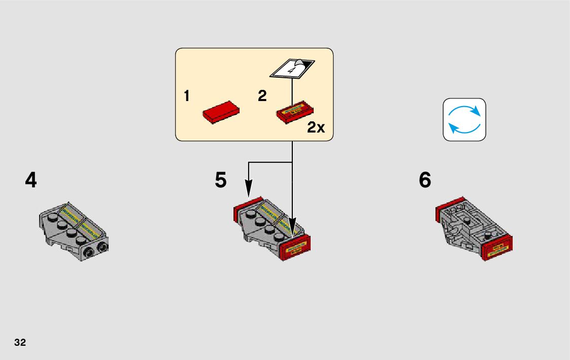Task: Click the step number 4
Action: click(x=31, y=180)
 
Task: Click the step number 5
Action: click(x=220, y=180)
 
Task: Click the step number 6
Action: click(x=425, y=180)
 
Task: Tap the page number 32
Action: click(x=20, y=342)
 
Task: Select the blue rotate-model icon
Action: click(x=464, y=119)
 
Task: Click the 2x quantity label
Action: click(x=316, y=127)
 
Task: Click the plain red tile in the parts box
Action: click(x=221, y=111)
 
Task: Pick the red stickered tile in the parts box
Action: click(x=295, y=111)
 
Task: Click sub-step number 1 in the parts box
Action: click(x=187, y=96)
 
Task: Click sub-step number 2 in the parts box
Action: click(x=262, y=96)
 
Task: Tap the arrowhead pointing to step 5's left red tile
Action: click(x=248, y=191)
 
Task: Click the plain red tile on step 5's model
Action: click(x=247, y=207)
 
